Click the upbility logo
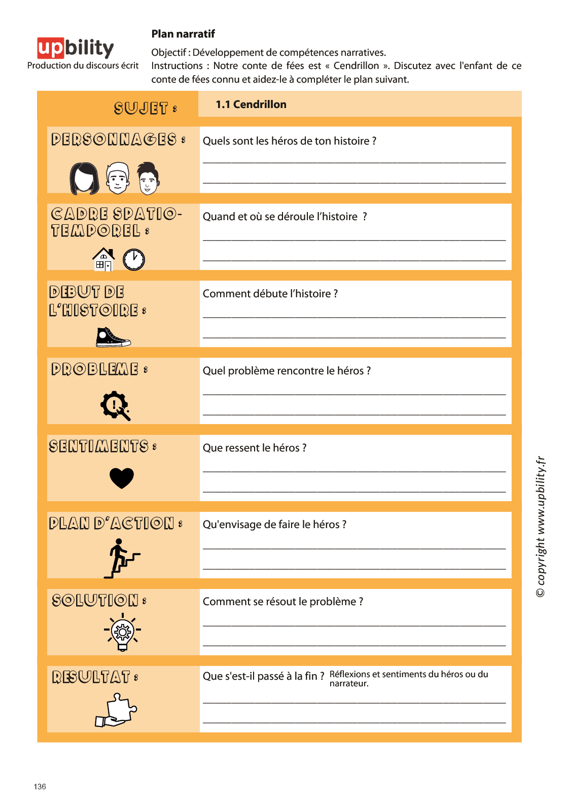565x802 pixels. pyautogui.click(x=75, y=48)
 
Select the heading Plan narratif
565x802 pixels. pyautogui.click(x=183, y=34)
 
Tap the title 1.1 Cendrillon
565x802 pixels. pyautogui.click(x=251, y=104)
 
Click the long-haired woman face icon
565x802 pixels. pyautogui.click(x=84, y=179)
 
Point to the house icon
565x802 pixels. pyautogui.click(x=103, y=259)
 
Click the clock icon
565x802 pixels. pyautogui.click(x=134, y=260)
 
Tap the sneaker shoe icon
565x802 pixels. pyautogui.click(x=113, y=337)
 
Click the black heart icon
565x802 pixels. pyautogui.click(x=122, y=478)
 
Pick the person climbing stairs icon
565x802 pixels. pyautogui.click(x=121, y=559)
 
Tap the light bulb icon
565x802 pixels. pyautogui.click(x=122, y=632)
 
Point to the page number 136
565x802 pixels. pyautogui.click(x=40, y=787)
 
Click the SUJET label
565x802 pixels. pyautogui.click(x=145, y=109)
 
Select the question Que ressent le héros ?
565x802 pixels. pyautogui.click(x=255, y=448)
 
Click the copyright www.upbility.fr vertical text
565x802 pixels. pyautogui.click(x=541, y=526)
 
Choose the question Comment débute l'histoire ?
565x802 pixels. pyautogui.click(x=270, y=294)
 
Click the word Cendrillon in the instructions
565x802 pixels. pyautogui.click(x=356, y=66)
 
